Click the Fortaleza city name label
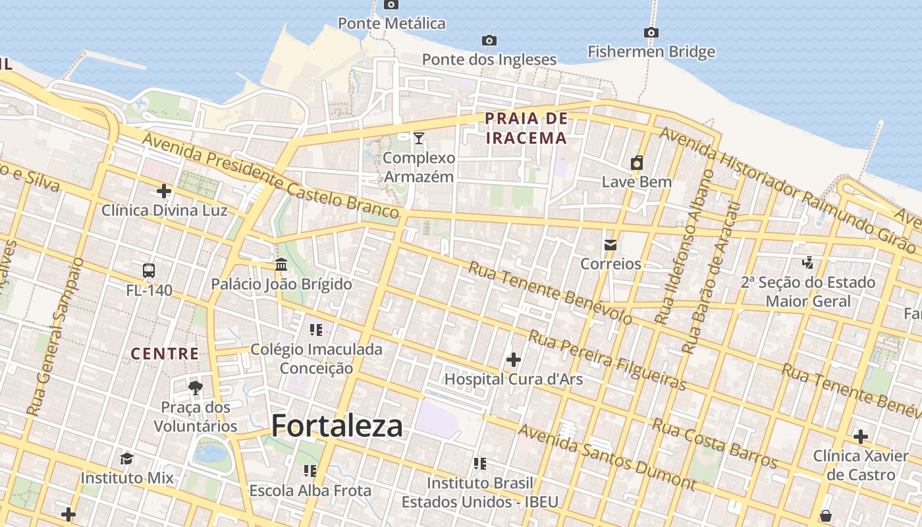(x=337, y=426)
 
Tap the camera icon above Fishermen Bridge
(x=651, y=32)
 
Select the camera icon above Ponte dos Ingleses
(x=489, y=40)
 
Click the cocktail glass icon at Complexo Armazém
(x=419, y=138)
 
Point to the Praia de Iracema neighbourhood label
(x=526, y=128)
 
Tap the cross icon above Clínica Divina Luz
(x=164, y=192)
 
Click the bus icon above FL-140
(x=149, y=270)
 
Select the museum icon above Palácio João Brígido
(x=281, y=265)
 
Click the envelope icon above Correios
(x=610, y=245)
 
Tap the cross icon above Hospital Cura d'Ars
(x=513, y=360)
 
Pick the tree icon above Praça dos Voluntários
(x=195, y=387)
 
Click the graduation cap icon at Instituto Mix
(x=126, y=458)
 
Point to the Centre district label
(x=165, y=354)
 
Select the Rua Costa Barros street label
(x=714, y=442)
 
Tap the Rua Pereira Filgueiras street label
(x=607, y=361)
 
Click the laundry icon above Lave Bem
(x=637, y=163)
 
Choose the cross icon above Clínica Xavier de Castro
(x=860, y=436)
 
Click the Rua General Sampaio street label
(x=55, y=336)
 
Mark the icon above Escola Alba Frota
(x=310, y=471)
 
